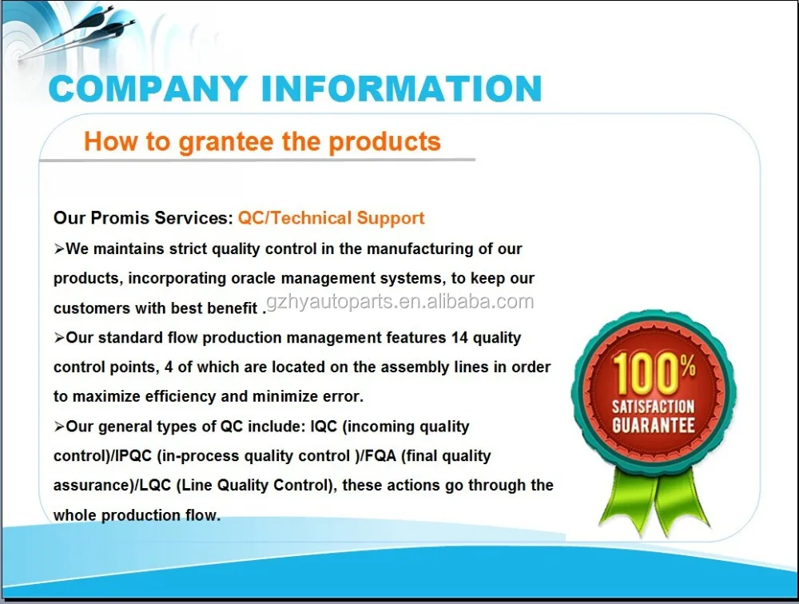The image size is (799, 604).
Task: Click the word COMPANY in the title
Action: [149, 89]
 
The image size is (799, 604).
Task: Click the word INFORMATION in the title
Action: [402, 89]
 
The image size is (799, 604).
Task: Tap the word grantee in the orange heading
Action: [226, 142]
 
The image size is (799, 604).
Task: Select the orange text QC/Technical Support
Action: [332, 218]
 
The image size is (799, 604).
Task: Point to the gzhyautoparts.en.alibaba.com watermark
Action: [400, 302]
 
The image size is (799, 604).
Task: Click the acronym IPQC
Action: [134, 455]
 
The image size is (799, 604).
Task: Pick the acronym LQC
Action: [155, 485]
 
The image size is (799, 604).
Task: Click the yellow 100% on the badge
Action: [654, 374]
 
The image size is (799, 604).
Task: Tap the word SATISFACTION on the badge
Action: [654, 407]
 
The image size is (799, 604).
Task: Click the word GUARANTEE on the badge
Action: [654, 426]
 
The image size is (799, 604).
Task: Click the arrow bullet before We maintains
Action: [60, 249]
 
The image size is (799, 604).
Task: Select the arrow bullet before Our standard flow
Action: [60, 338]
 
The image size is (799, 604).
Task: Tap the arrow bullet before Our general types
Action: [60, 427]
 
